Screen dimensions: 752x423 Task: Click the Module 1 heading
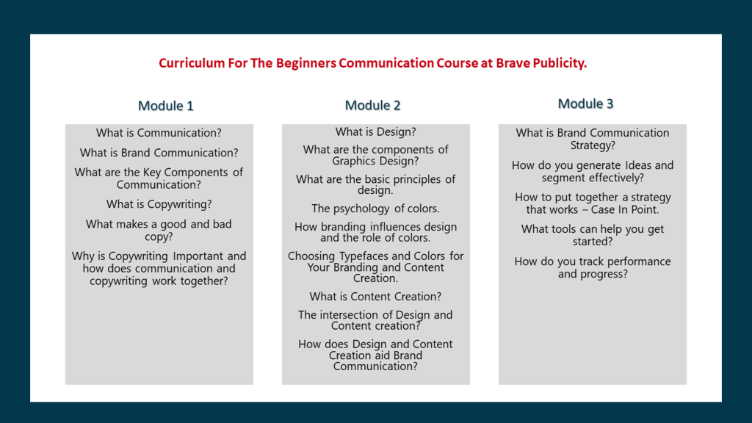tap(165, 106)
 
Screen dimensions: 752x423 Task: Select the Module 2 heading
tap(372, 105)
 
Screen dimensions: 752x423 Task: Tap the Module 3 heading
tap(585, 104)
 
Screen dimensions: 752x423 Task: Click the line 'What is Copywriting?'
tap(159, 204)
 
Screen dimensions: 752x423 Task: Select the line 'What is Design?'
tap(375, 132)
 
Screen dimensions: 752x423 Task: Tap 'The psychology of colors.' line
tap(375, 209)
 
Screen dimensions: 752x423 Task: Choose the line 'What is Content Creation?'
tap(375, 297)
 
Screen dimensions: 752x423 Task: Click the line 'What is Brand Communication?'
tap(159, 153)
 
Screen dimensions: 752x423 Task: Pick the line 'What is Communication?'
tap(159, 133)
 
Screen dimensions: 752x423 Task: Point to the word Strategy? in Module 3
tap(593, 145)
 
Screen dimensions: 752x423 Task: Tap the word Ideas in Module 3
tap(638, 165)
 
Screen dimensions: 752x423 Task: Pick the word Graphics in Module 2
tap(352, 161)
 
